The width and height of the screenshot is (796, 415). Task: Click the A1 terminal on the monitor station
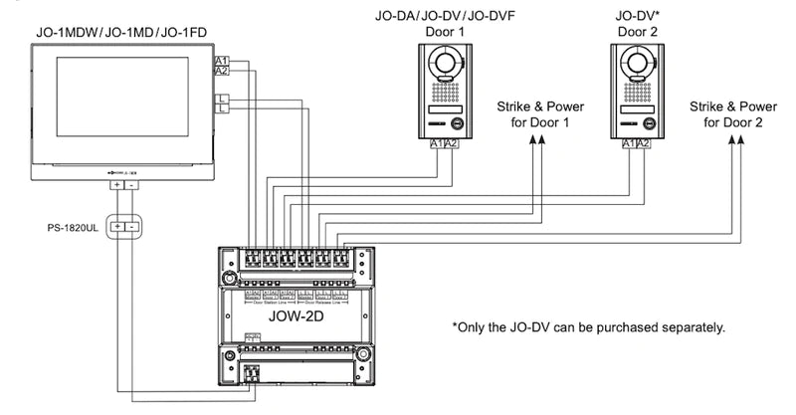pyautogui.click(x=222, y=62)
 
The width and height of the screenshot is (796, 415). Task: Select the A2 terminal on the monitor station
pyautogui.click(x=222, y=72)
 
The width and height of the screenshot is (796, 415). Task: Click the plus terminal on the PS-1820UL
pyautogui.click(x=117, y=227)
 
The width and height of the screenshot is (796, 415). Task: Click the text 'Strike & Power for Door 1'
pyautogui.click(x=539, y=114)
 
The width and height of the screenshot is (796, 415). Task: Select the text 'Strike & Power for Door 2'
pyautogui.click(x=733, y=114)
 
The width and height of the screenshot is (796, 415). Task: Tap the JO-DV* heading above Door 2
pyautogui.click(x=638, y=17)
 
